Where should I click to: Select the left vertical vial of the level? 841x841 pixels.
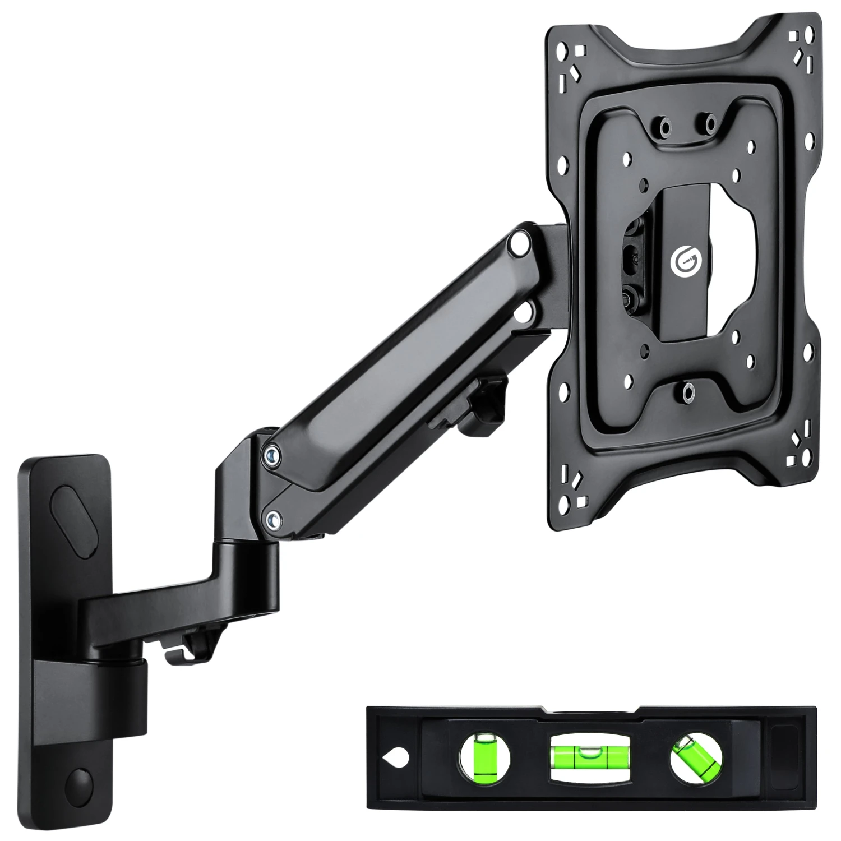tap(485, 758)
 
